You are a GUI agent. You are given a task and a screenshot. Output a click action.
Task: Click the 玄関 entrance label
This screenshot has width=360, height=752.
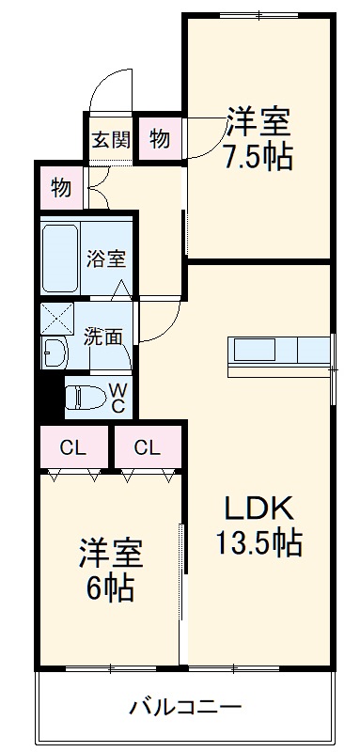111,140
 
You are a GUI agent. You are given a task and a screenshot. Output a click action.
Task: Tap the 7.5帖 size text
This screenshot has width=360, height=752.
257,156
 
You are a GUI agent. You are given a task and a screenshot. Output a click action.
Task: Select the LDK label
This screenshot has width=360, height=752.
258,509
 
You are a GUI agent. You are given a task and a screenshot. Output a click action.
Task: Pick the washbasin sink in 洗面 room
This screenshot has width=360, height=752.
54,353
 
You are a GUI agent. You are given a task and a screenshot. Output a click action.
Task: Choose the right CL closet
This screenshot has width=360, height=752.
147,447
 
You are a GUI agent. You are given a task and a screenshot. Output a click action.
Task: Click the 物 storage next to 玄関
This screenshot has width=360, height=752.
160,139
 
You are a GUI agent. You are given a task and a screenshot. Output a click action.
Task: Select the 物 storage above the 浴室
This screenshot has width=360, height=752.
61,187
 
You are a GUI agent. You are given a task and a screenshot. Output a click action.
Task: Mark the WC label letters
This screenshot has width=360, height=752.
118,396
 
